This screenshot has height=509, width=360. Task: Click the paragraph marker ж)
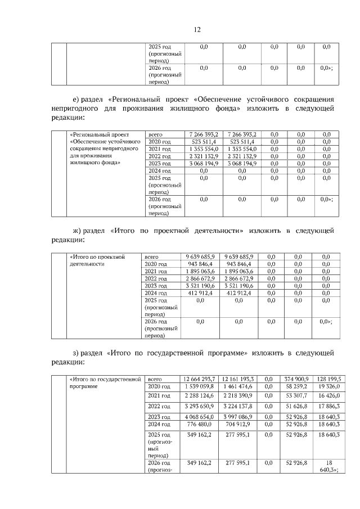click(x=79, y=231)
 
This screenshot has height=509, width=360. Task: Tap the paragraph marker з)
click(x=78, y=353)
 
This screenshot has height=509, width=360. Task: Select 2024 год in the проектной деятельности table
click(x=157, y=293)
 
